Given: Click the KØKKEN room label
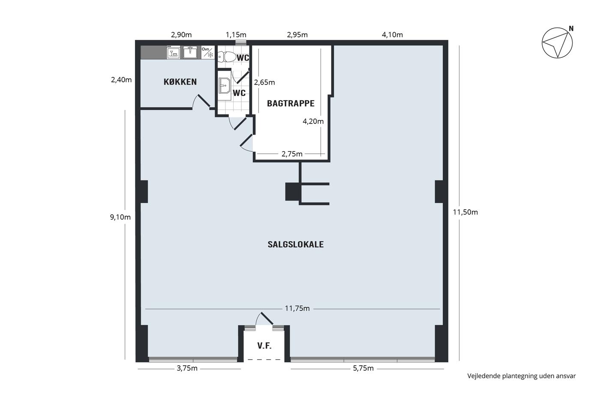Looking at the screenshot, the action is click(x=180, y=82).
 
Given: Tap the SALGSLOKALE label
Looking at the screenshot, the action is click(x=296, y=244).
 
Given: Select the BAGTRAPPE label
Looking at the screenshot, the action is click(x=291, y=103).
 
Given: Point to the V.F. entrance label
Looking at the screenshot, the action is click(x=264, y=346).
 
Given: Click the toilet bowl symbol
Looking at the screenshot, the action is click(x=227, y=57).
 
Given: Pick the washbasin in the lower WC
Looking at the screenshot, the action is click(x=224, y=86).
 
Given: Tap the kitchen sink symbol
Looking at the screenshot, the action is click(x=190, y=52).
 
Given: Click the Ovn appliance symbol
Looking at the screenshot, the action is click(x=208, y=52).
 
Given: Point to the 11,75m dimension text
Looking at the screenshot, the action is click(x=297, y=308).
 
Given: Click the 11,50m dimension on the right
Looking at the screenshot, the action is click(x=465, y=212).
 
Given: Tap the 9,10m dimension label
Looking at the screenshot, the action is click(x=120, y=217).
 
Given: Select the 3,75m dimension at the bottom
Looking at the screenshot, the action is click(x=187, y=368).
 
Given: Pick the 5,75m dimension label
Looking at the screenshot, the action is click(x=363, y=368).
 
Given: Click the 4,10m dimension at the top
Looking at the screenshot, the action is click(x=392, y=35).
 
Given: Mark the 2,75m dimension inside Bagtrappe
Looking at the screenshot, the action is click(x=292, y=154).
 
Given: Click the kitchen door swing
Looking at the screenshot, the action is click(x=201, y=102).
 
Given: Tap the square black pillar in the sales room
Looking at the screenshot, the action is click(x=293, y=192).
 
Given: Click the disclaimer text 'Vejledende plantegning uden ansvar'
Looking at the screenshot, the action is click(x=521, y=376).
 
